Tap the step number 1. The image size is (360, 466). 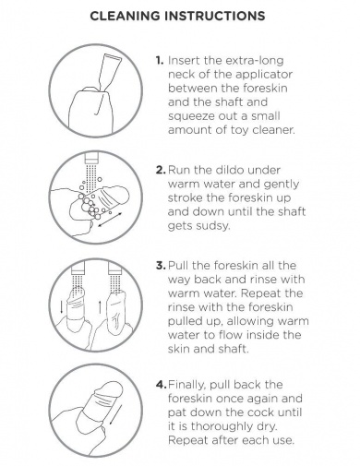pyautogui.click(x=160, y=60)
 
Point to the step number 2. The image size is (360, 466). pyautogui.click(x=161, y=170)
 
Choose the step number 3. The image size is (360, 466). pyautogui.click(x=161, y=265)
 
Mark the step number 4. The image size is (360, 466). pyautogui.click(x=162, y=384)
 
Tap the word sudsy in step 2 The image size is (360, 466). pyautogui.click(x=213, y=226)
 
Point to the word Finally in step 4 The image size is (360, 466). pyautogui.click(x=187, y=385)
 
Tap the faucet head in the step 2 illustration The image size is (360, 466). pyautogui.click(x=91, y=159)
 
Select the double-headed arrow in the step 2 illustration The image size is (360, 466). pyautogui.click(x=110, y=220)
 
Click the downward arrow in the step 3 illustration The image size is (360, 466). pyautogui.click(x=62, y=307)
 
